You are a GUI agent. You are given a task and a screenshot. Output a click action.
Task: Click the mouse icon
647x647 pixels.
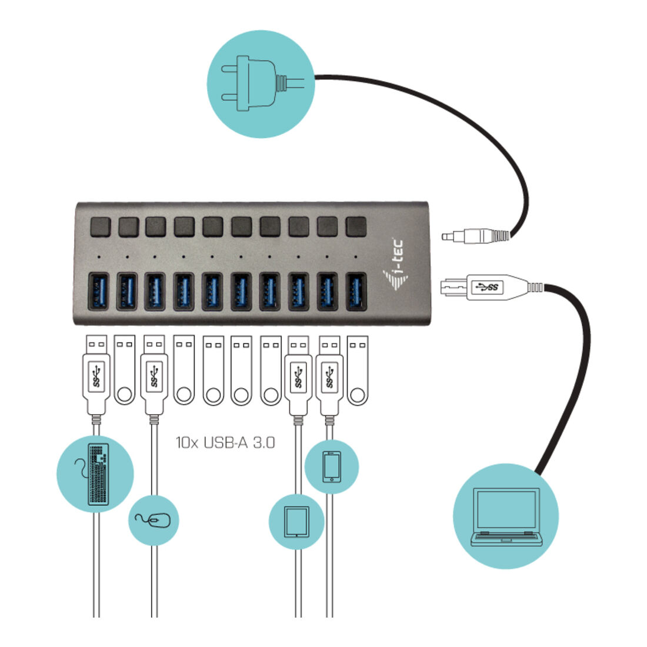(154, 521)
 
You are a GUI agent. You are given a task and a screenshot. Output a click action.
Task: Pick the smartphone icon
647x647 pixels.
(332, 466)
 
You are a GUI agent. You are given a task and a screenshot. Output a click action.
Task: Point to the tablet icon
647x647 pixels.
(296, 522)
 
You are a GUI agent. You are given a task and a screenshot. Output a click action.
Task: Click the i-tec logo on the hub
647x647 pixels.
(394, 264)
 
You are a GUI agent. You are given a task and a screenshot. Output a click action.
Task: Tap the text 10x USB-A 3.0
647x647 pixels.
(225, 443)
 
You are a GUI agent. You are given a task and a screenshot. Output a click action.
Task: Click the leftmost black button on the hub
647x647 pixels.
(100, 226)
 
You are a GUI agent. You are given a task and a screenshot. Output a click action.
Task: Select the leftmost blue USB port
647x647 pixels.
(99, 291)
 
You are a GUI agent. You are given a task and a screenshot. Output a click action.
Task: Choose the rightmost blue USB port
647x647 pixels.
(356, 291)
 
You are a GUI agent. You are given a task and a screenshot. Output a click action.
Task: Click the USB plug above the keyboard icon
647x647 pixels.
(96, 375)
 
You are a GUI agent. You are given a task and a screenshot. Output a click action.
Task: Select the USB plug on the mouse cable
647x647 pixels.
(154, 375)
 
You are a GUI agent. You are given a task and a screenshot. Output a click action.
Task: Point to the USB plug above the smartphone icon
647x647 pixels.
(330, 375)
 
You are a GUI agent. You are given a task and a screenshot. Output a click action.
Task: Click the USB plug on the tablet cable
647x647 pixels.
(298, 375)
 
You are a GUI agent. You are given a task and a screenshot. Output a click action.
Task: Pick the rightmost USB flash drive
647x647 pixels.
(358, 370)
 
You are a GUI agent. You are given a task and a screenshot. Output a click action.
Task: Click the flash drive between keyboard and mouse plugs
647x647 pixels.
(125, 370)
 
